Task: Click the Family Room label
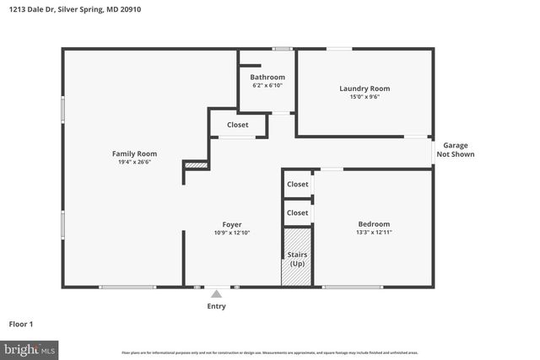135,153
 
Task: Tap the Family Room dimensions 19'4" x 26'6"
135,163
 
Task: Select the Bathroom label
267,78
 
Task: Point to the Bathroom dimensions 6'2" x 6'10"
267,86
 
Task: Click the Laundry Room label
364,89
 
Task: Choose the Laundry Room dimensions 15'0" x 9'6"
364,97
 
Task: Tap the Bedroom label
373,223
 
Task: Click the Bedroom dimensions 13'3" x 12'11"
373,233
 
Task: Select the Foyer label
233,223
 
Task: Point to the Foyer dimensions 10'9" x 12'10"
233,233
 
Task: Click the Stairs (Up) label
297,259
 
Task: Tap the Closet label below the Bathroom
238,125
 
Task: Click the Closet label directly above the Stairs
297,212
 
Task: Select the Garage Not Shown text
456,150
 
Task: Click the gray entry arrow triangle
217,294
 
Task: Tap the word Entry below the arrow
217,306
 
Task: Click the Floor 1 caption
21,324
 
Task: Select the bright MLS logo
30,348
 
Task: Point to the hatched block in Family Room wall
196,166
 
